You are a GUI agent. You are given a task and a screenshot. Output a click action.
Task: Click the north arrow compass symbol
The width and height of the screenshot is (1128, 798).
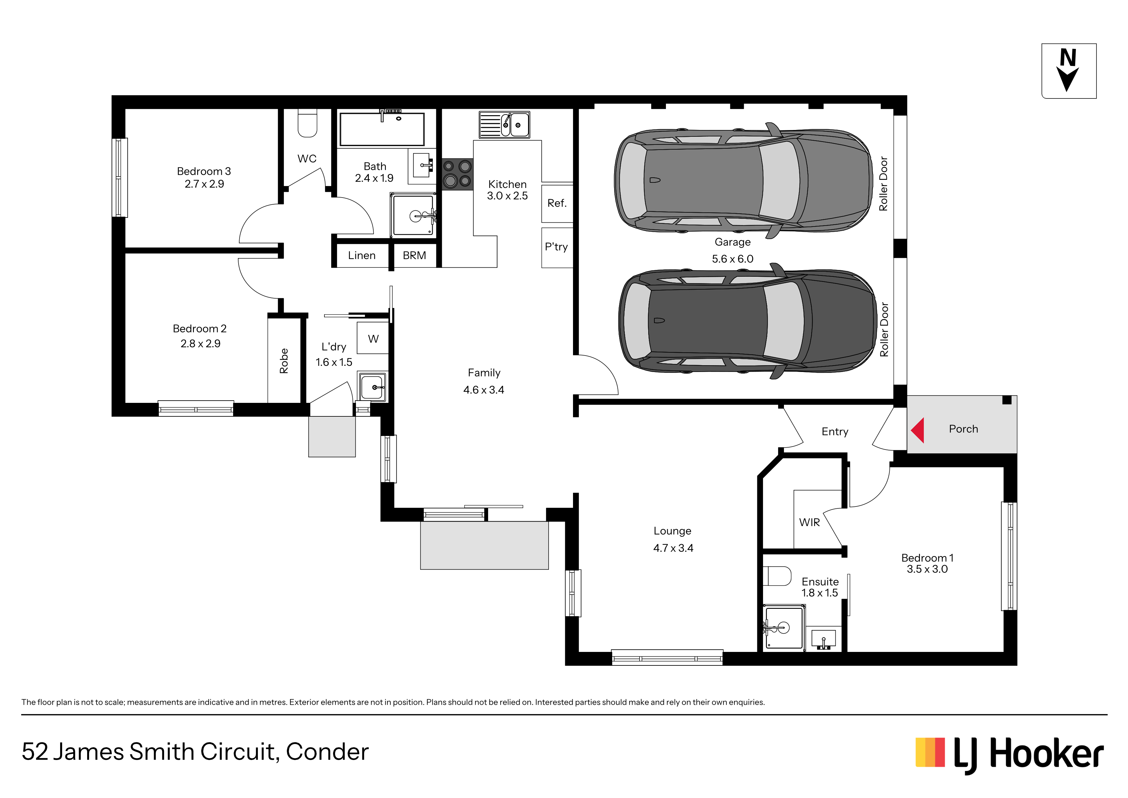tap(1069, 71)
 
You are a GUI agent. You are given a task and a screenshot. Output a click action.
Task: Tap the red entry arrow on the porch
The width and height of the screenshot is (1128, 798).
tap(918, 430)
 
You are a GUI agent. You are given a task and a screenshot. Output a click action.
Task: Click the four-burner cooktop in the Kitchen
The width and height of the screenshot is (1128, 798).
tap(457, 174)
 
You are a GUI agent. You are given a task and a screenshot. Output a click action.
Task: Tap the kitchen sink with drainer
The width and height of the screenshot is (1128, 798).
tap(505, 125)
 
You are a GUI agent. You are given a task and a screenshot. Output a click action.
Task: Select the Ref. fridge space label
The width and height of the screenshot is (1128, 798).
tap(557, 203)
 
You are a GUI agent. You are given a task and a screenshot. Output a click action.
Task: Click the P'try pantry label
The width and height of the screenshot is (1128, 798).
tap(556, 247)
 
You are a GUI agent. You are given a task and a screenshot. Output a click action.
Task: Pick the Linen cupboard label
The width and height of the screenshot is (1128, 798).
tap(362, 256)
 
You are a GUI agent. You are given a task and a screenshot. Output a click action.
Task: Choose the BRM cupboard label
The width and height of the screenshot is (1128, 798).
tap(414, 256)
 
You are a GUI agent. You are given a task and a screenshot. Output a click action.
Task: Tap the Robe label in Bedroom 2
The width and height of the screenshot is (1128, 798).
tap(284, 361)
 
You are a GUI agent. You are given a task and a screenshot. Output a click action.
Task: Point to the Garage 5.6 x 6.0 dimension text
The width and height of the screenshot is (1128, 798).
tap(732, 259)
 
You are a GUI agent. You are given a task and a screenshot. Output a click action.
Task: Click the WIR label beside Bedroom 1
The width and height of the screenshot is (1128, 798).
tap(809, 522)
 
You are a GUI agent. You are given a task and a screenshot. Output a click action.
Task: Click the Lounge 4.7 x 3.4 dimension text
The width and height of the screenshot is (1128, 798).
tap(673, 548)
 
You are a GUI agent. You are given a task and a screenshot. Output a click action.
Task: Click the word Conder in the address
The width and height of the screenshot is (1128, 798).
tap(327, 752)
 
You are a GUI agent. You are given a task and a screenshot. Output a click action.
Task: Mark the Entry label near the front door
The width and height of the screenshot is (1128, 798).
tap(835, 432)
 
